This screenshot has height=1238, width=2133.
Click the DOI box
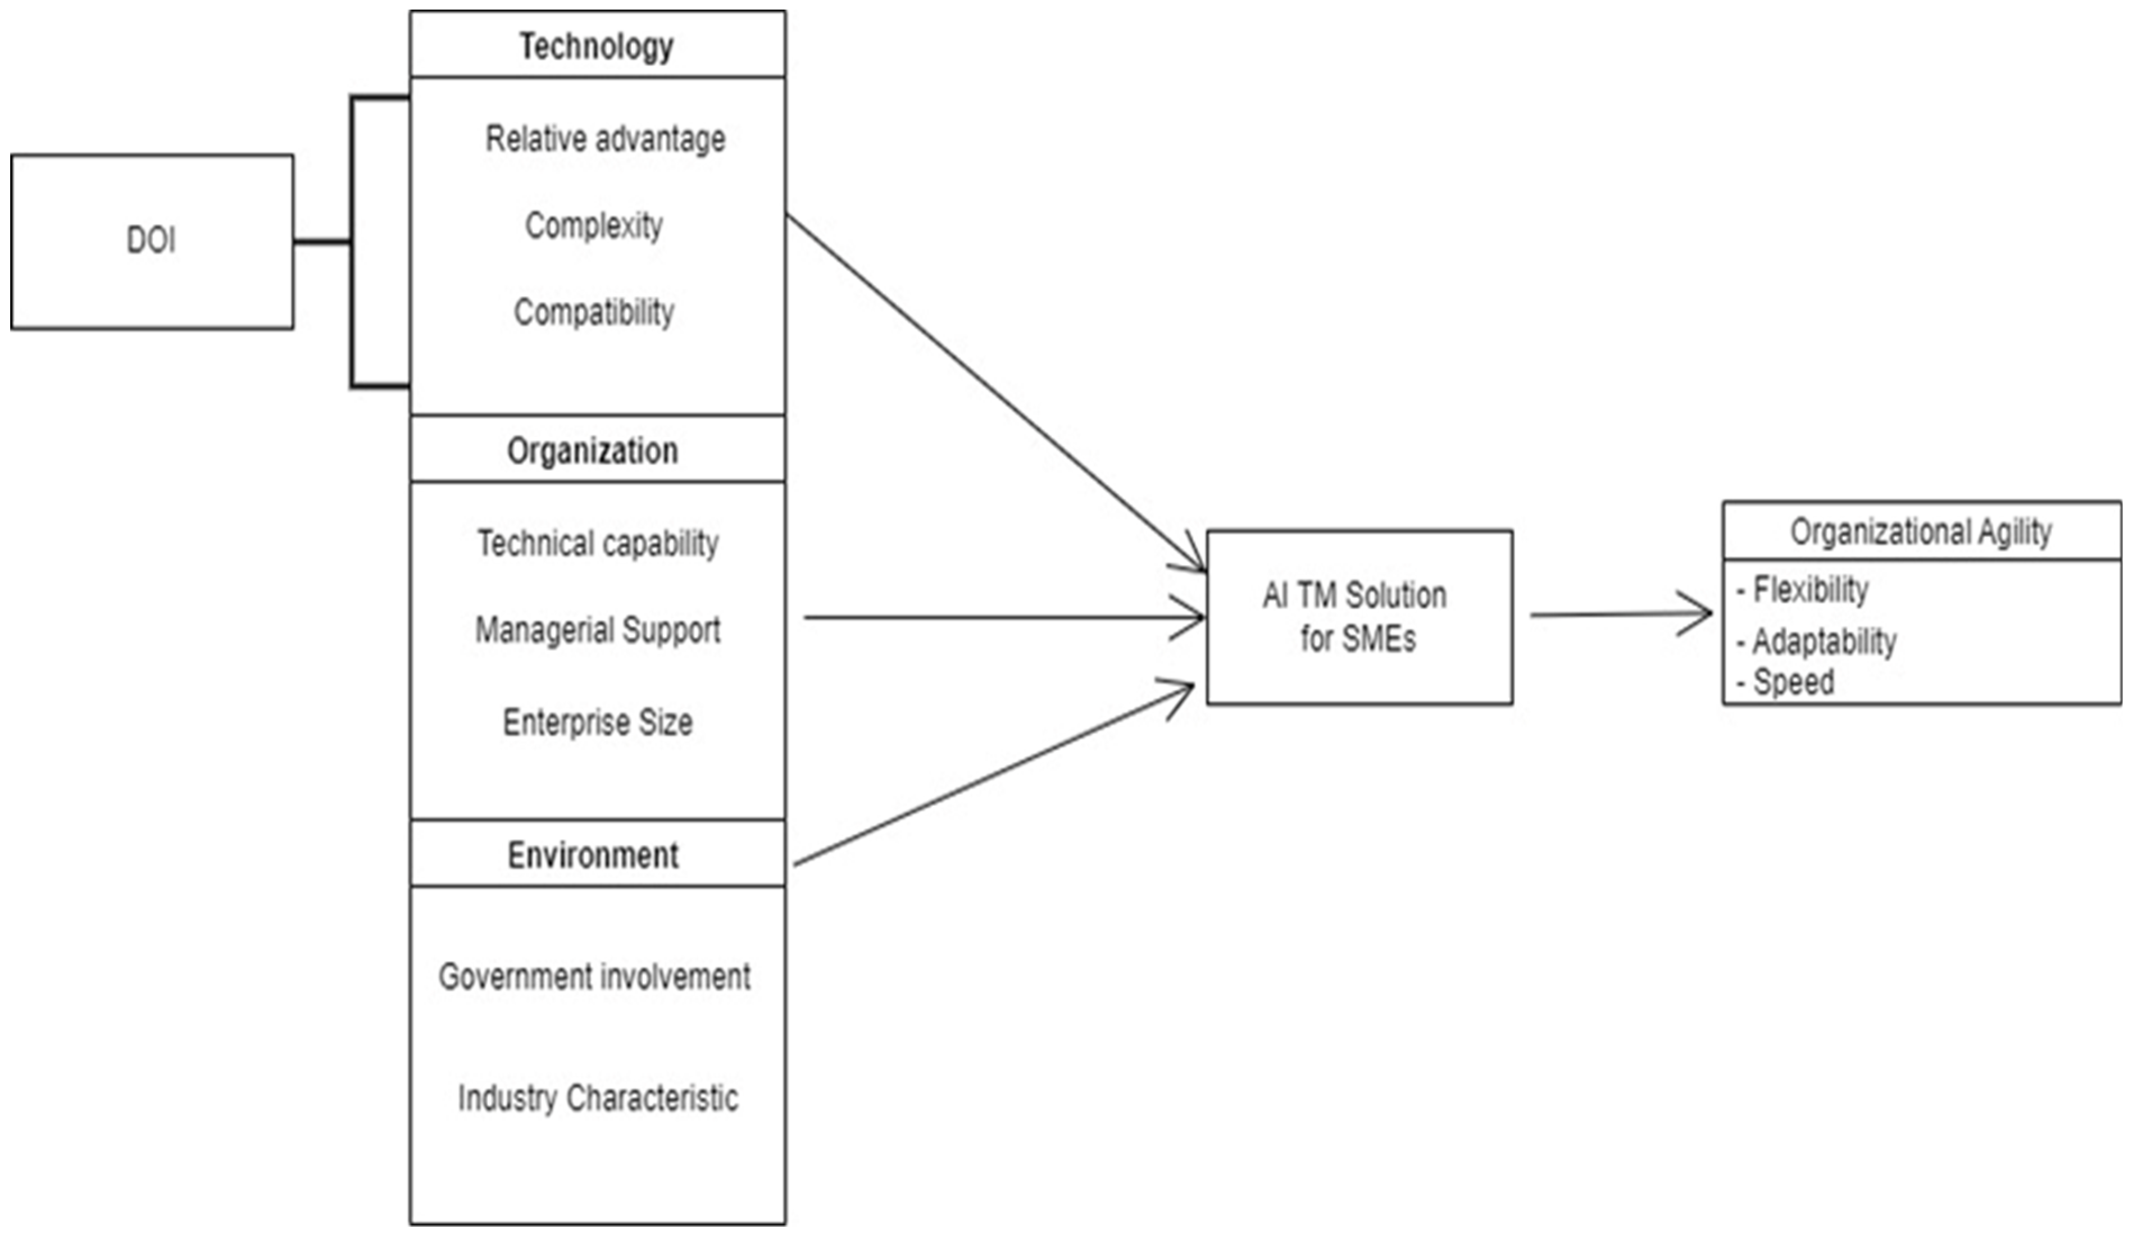click(x=152, y=242)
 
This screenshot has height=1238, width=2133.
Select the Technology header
click(x=597, y=45)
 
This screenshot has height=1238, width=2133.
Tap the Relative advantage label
click(x=605, y=139)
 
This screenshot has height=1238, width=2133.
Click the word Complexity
click(x=594, y=226)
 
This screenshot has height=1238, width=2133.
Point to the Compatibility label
click(x=594, y=312)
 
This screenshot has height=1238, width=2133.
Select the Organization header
click(x=593, y=450)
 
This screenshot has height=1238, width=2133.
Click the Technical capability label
click(x=598, y=543)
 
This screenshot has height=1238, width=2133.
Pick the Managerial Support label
click(x=598, y=630)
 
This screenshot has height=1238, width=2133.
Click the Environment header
click(x=593, y=855)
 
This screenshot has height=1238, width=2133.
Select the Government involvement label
click(x=594, y=976)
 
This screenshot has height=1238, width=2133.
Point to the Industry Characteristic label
click(x=598, y=1098)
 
